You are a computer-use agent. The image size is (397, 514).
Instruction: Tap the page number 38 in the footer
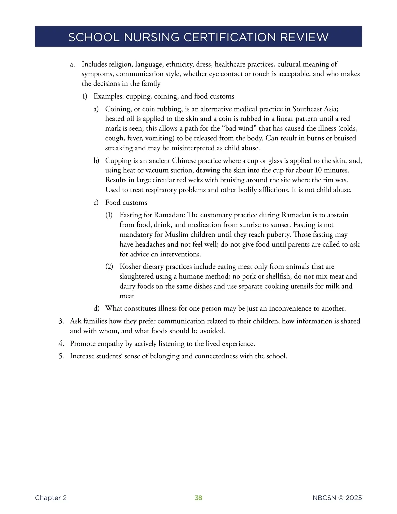[198, 498]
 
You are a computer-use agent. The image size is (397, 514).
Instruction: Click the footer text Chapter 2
[51, 498]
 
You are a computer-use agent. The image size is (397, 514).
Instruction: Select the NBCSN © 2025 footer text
[337, 498]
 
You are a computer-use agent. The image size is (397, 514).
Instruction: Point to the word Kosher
[130, 267]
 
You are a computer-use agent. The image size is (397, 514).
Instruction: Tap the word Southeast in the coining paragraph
[308, 109]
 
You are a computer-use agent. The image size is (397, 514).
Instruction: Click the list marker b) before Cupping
[96, 161]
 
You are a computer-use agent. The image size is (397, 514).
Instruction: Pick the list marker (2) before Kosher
[109, 267]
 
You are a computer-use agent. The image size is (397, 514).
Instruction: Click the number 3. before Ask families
[61, 321]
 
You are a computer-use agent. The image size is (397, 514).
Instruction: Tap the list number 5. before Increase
[61, 356]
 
